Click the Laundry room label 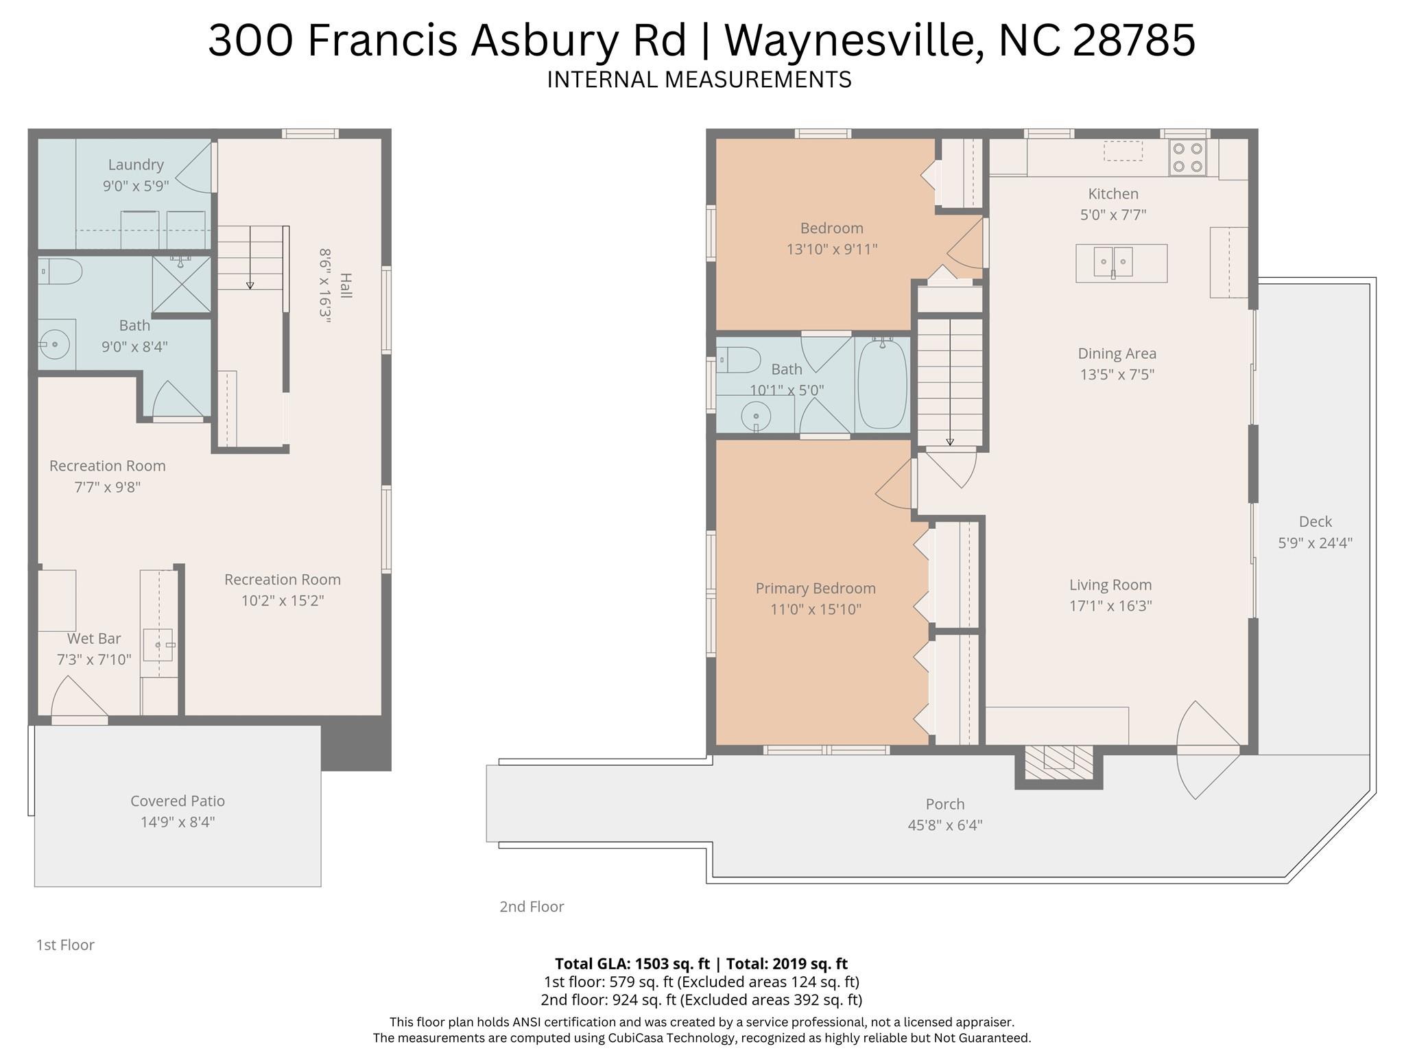[x=136, y=165]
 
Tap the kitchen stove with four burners [x=1188, y=157]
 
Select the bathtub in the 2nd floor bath [x=882, y=385]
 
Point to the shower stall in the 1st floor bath [x=181, y=285]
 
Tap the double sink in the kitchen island [x=1113, y=262]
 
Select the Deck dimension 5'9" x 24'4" [x=1315, y=543]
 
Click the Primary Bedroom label [x=815, y=588]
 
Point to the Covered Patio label [x=178, y=801]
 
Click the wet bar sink [x=158, y=646]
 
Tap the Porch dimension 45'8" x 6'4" [x=944, y=825]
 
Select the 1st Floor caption [x=65, y=945]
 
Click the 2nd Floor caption [x=532, y=906]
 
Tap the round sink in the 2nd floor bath [x=756, y=416]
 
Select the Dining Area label [x=1117, y=353]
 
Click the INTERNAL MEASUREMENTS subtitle [x=699, y=80]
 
